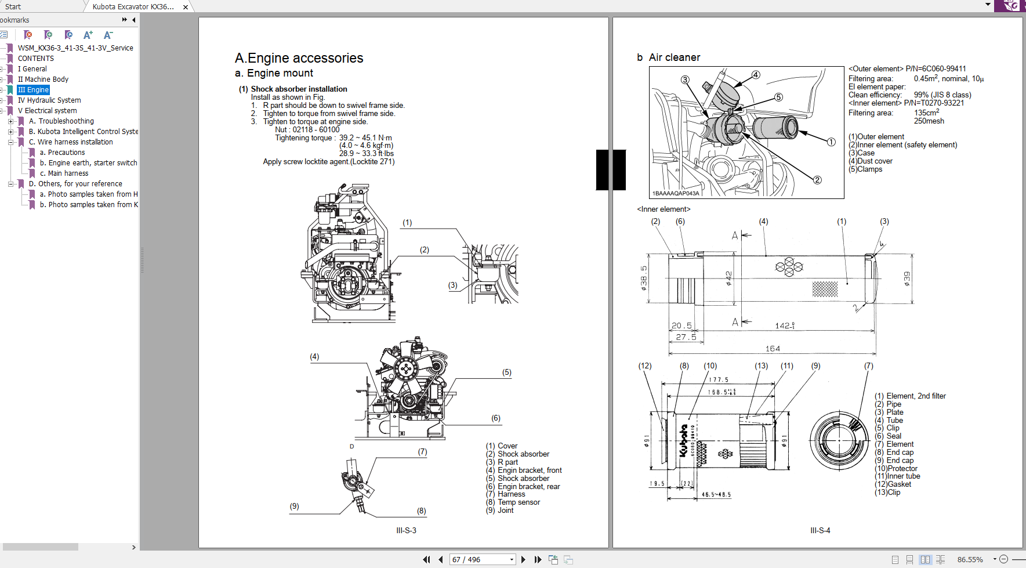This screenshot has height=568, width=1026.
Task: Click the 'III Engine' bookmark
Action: pyautogui.click(x=33, y=90)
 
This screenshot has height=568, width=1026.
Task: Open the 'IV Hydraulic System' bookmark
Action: pyautogui.click(x=49, y=100)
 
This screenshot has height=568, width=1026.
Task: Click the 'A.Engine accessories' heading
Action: pyautogui.click(x=299, y=58)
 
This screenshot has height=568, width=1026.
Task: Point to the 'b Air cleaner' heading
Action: pyautogui.click(x=668, y=57)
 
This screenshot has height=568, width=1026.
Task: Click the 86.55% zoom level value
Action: pyautogui.click(x=970, y=559)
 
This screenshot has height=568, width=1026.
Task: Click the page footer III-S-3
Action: pyautogui.click(x=406, y=530)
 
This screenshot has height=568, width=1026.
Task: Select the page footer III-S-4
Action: pyautogui.click(x=820, y=530)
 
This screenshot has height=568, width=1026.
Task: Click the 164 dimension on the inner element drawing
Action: pyautogui.click(x=773, y=349)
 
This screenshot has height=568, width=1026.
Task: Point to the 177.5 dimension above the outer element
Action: pyautogui.click(x=719, y=380)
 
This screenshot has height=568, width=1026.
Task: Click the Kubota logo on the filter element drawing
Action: pyautogui.click(x=684, y=440)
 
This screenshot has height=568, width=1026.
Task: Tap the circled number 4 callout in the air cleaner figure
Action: pyautogui.click(x=756, y=75)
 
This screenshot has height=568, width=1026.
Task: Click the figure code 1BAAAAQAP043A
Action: pyautogui.click(x=676, y=193)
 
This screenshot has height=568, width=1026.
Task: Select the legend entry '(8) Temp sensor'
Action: pyautogui.click(x=513, y=502)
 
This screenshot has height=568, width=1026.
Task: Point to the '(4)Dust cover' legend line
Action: pyautogui.click(x=870, y=161)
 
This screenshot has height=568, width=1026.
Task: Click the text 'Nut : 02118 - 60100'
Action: pyautogui.click(x=307, y=130)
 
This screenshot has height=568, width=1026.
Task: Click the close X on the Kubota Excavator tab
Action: pyautogui.click(x=186, y=7)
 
